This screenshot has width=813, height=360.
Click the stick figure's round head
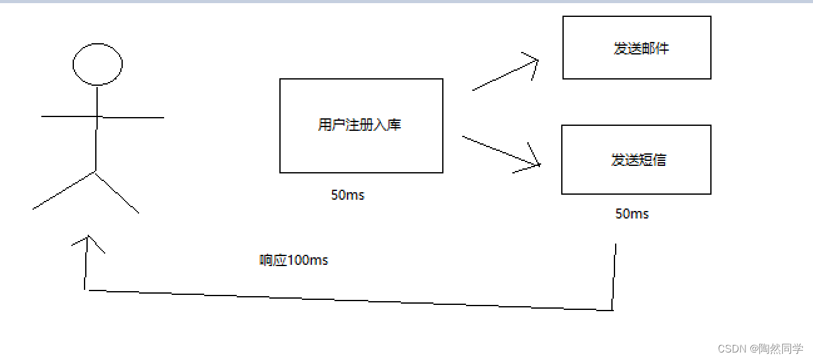click(x=97, y=64)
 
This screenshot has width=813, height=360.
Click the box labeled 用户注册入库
click(x=361, y=150)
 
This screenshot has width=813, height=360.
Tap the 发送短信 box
click(x=636, y=178)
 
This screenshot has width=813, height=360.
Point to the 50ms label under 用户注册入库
click(x=348, y=195)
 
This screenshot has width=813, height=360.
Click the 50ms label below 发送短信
click(x=632, y=214)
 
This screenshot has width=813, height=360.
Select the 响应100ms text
click(x=294, y=260)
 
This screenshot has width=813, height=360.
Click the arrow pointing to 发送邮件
click(x=505, y=75)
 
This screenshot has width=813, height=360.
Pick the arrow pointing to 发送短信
click(x=501, y=151)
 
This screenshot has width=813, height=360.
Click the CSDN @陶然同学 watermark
click(x=760, y=349)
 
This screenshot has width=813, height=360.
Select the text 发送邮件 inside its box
click(x=641, y=49)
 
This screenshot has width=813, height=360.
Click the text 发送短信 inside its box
click(x=638, y=160)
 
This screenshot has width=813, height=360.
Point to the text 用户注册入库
click(x=359, y=125)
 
